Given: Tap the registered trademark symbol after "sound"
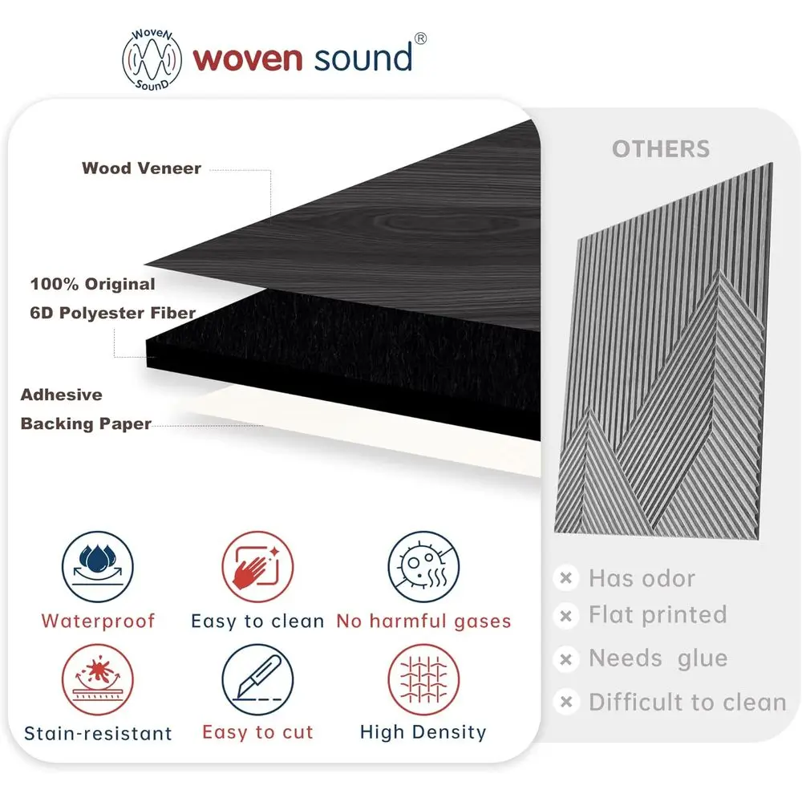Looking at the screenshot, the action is pos(420,39).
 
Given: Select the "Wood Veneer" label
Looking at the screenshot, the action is pos(141,168).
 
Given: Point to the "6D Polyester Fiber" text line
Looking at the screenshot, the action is pos(113,313).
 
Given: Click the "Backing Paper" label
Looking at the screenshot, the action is pos(86,423).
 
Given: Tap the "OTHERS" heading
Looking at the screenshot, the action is pos(661,149).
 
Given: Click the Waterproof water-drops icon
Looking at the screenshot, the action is pos(98,568).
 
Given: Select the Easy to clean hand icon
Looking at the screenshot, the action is pos(257,568).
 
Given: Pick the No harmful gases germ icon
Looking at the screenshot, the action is pos(423,568).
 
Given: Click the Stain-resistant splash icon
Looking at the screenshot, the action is pos(98,681).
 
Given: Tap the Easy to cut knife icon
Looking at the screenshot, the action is pos(257,681).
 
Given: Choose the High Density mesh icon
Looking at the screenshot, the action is pos(423,681).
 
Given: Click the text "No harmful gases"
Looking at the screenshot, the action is pos(423,621).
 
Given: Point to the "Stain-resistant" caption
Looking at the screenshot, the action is pos(98,733).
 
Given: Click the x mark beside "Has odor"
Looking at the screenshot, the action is pos(566,578).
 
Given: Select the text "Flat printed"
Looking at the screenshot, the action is pos(658,615).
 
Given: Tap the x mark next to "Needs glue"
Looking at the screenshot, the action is pos(566,659).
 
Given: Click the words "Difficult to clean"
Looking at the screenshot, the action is pos(687,703).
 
